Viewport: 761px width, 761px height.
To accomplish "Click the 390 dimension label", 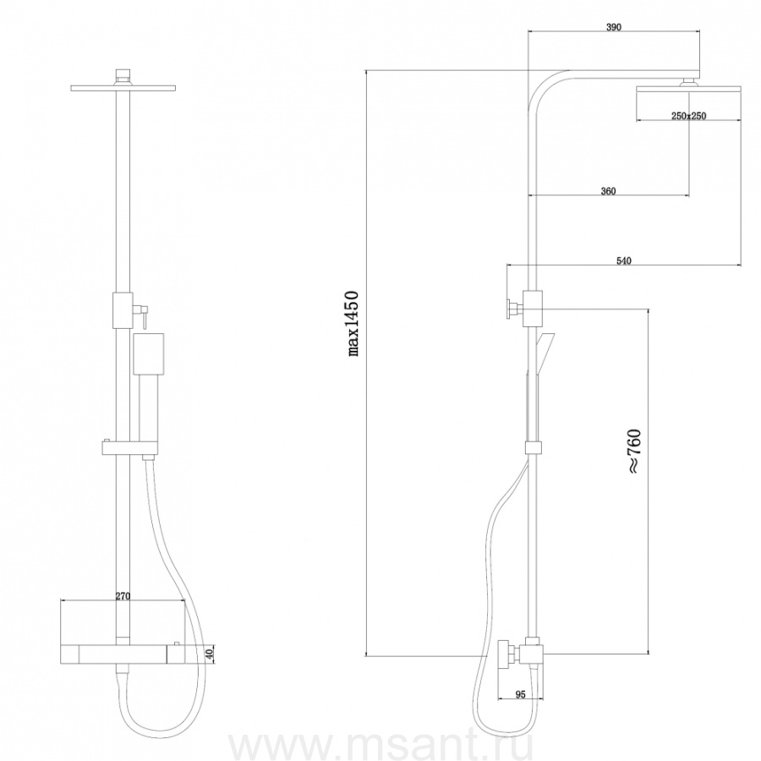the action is coord(614,27).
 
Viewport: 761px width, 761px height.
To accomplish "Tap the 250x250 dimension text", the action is coord(688,116).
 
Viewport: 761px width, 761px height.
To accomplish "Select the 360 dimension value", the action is coord(608,191).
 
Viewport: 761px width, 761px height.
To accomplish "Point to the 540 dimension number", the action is coord(624,260).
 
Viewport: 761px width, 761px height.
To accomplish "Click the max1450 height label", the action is coord(353,324).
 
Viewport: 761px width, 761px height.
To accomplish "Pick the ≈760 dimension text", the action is coord(634,451).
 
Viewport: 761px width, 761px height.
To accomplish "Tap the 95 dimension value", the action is coord(520,694).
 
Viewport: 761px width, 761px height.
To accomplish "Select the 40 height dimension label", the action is coord(209,654).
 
